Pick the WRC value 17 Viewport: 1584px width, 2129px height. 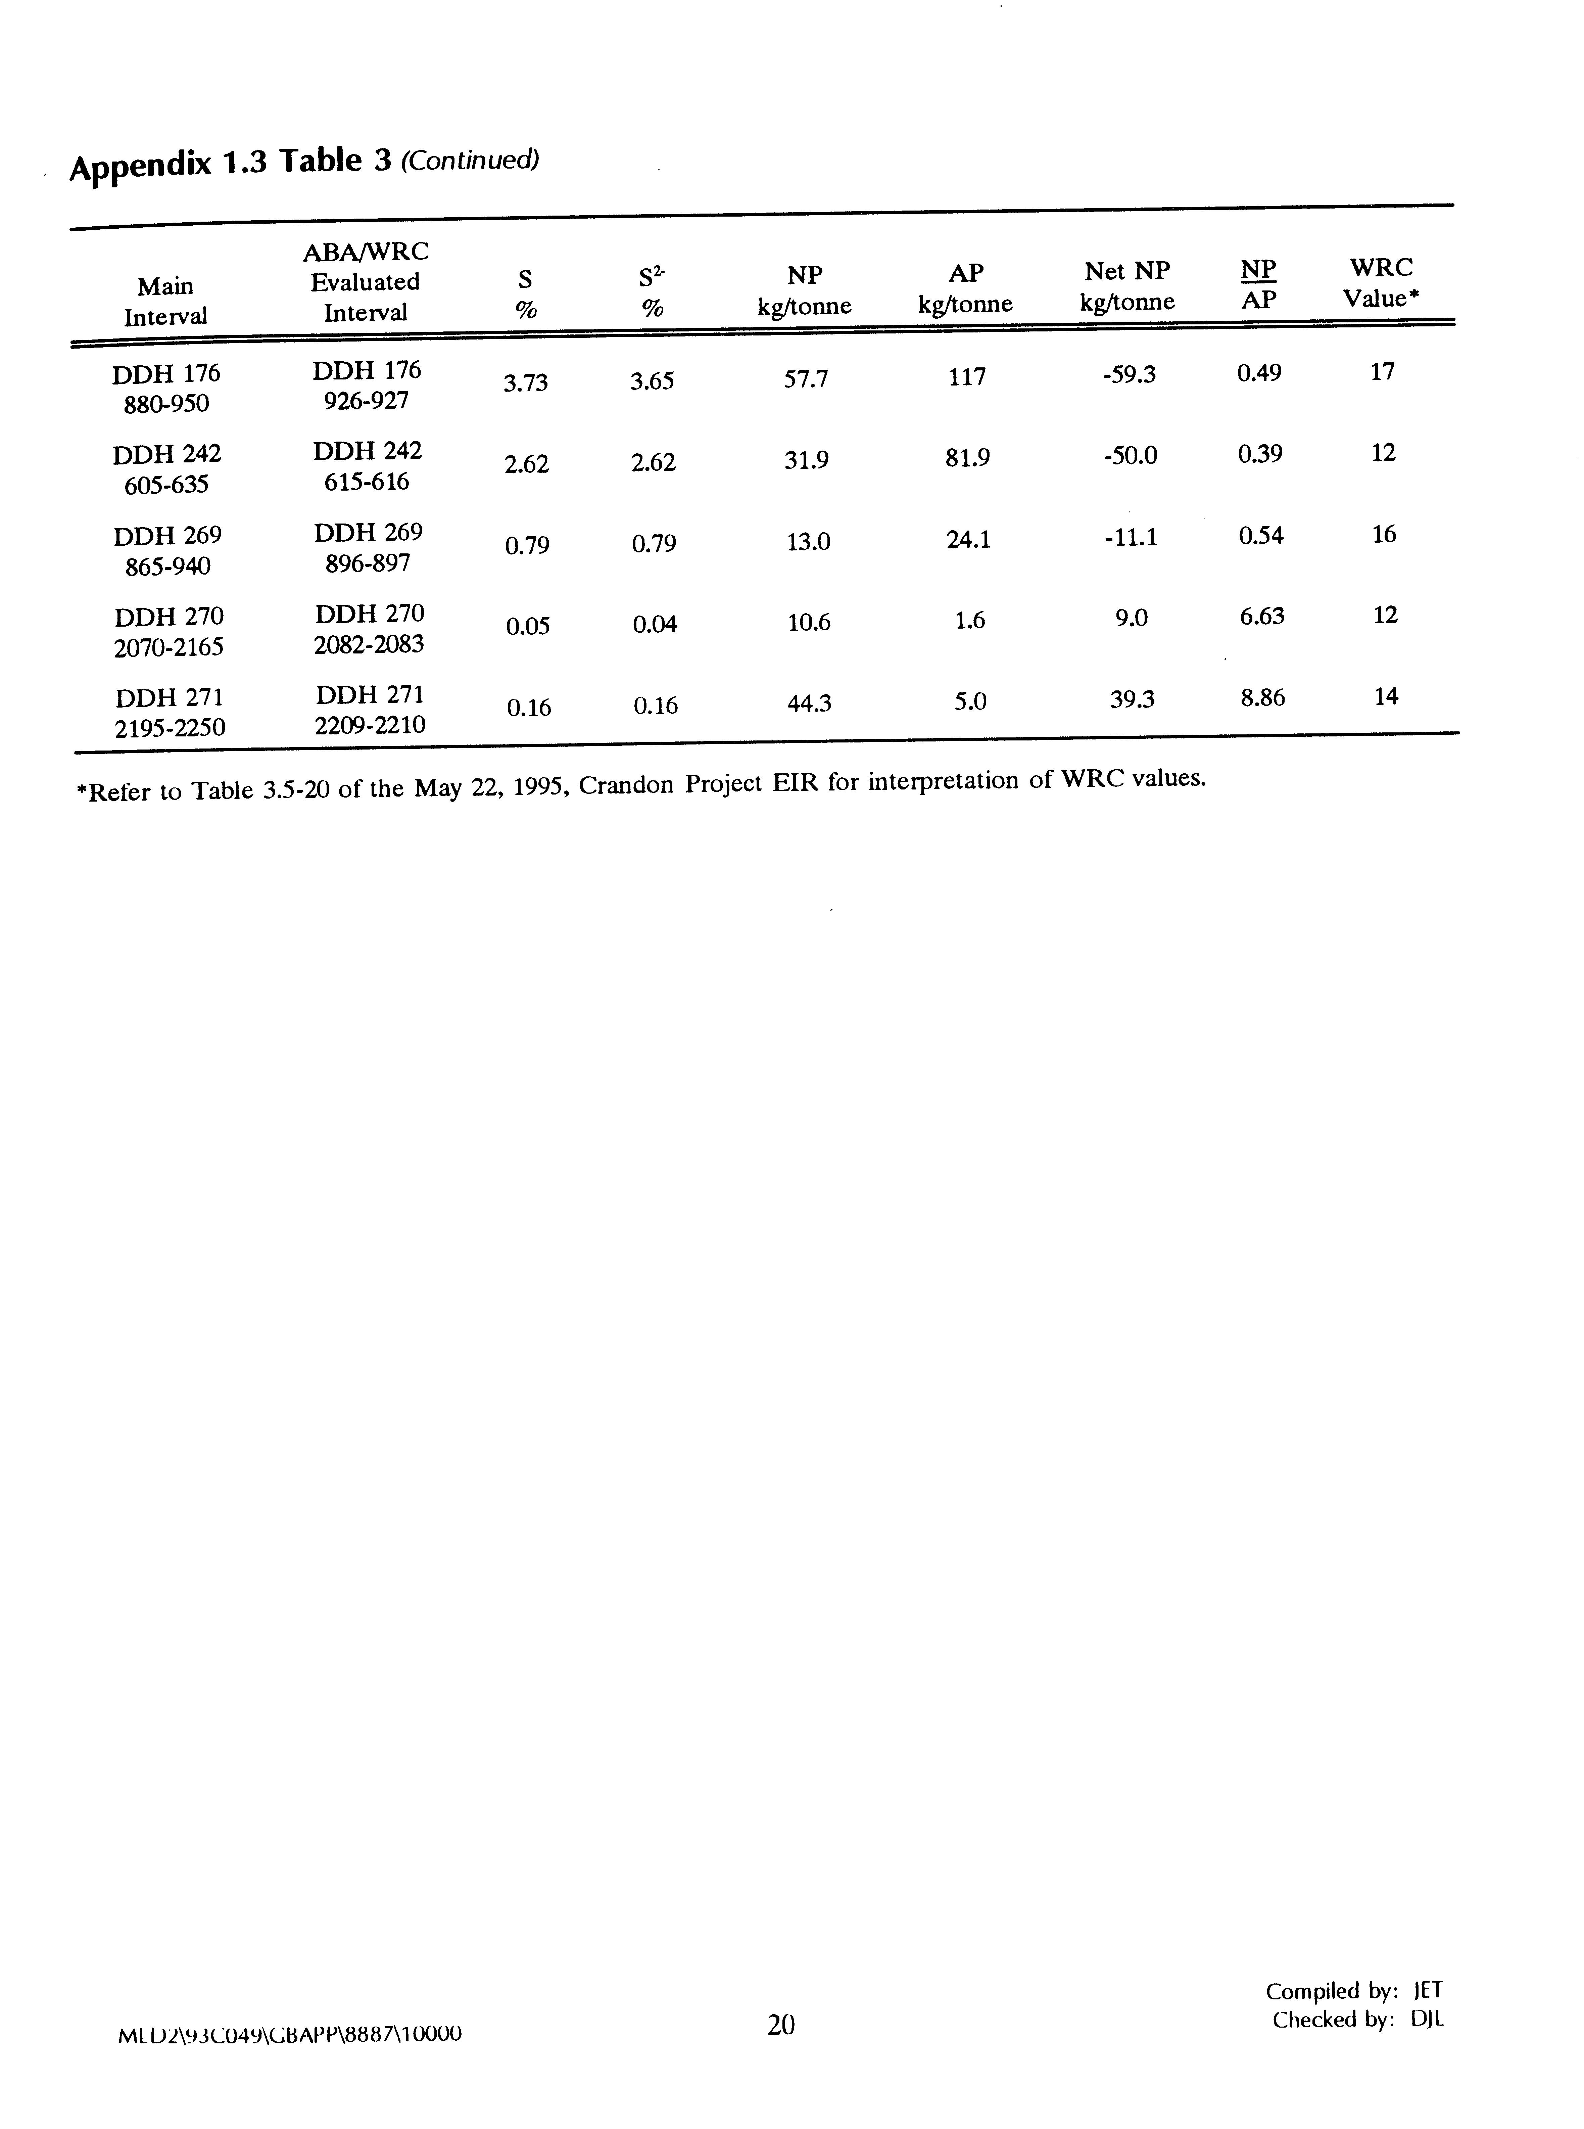[x=1382, y=372]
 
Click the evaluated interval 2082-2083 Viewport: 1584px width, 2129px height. [x=369, y=644]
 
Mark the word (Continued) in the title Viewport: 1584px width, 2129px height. [x=469, y=160]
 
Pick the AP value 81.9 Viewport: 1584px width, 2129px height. [x=967, y=458]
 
